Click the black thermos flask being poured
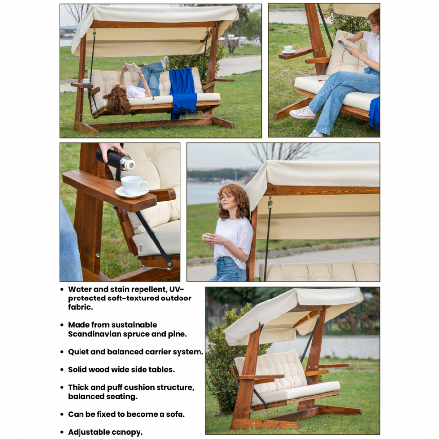pos(115,160)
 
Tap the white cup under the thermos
pos(134,185)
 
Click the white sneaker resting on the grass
pos(302,113)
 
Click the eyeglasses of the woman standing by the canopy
pos(225,198)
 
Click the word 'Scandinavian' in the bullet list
pos(95,334)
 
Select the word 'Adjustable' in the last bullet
pos(87,432)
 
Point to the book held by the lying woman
pos(132,67)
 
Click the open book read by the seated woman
pos(347,44)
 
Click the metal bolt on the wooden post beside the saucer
pos(98,255)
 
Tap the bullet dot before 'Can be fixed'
pos(62,414)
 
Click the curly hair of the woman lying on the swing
pos(118,100)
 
